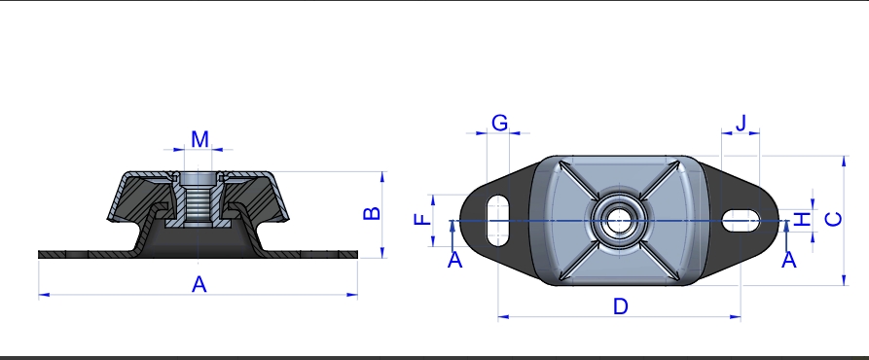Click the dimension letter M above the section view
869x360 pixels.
[x=199, y=139]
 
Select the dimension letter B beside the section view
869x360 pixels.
[x=372, y=213]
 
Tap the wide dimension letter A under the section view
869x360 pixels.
[x=199, y=285]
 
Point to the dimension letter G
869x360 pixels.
[x=500, y=123]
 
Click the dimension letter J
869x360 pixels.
[x=741, y=124]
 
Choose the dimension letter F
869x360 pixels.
[x=423, y=219]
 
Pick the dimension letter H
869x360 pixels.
[x=803, y=220]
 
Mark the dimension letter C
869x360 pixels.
[x=834, y=219]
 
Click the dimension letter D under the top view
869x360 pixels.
[x=621, y=306]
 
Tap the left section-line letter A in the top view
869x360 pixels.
[x=454, y=260]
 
